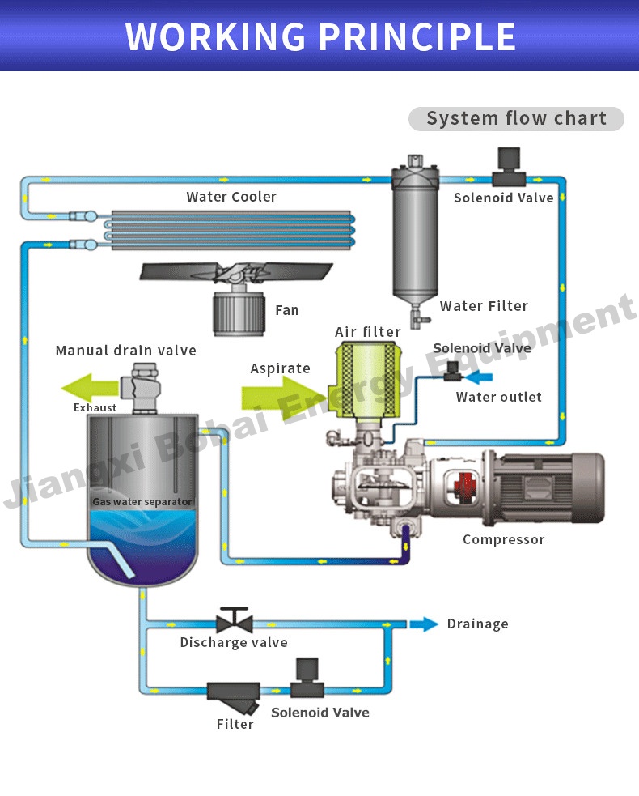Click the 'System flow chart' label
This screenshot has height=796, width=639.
point(516,118)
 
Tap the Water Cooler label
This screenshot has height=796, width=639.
point(231,197)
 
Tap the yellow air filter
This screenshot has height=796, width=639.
point(368,378)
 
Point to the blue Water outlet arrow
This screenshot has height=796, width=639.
point(483,376)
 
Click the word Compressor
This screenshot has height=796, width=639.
point(503,539)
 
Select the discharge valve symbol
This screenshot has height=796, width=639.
point(235,621)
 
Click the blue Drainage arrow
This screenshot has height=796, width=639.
point(423,624)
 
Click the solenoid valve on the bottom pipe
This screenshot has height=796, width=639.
point(307,680)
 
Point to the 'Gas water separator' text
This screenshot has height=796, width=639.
point(142,502)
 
